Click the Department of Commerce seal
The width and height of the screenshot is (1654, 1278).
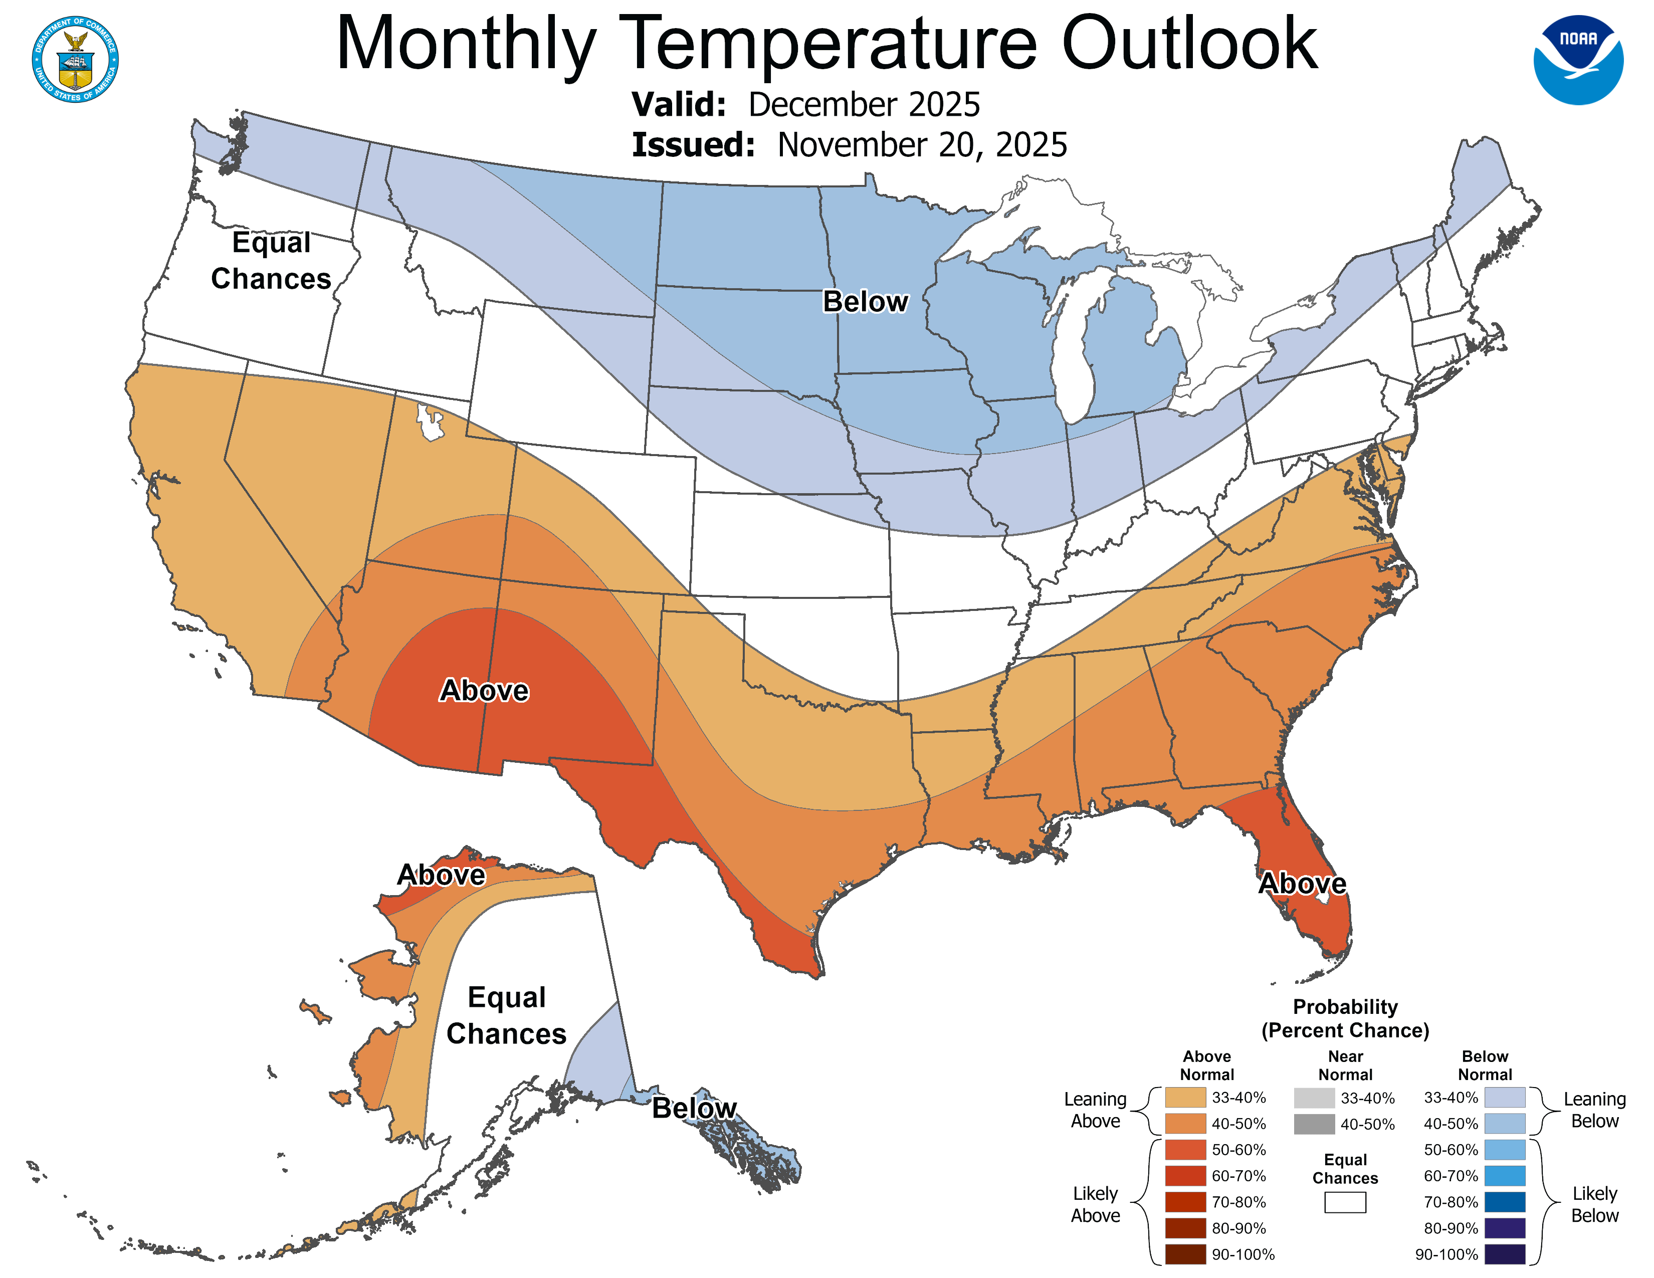75,59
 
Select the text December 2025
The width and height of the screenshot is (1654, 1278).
864,104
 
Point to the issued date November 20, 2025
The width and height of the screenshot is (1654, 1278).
922,145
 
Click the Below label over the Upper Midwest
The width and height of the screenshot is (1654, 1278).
865,301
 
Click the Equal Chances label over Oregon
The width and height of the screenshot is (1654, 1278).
271,261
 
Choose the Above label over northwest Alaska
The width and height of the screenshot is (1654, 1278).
441,875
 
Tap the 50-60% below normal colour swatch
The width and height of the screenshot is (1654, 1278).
1504,1149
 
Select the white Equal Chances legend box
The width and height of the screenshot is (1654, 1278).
1345,1202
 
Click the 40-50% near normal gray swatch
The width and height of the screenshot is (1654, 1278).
1314,1124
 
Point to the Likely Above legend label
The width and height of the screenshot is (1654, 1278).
1095,1204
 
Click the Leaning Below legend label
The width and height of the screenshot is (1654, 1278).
1594,1110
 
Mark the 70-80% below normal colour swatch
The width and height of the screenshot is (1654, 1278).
1504,1202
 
